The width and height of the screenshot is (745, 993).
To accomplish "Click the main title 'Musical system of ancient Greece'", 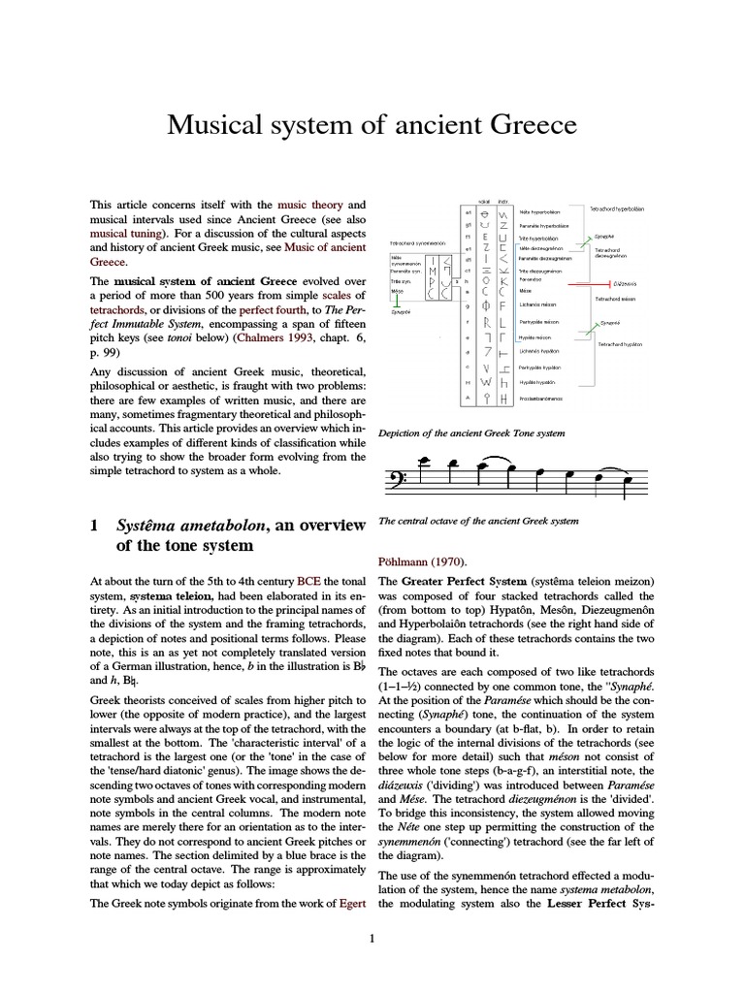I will click(372, 125).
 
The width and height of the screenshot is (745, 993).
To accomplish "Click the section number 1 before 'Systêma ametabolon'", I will click(95, 526).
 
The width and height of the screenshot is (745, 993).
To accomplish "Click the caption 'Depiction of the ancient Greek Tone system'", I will click(472, 432).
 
